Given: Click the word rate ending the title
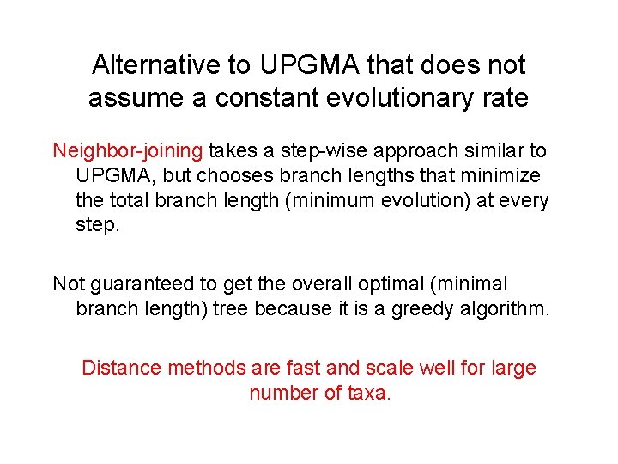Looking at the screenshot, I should [x=506, y=98].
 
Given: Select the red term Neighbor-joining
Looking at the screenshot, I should [x=128, y=151].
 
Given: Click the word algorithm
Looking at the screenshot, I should [x=505, y=308].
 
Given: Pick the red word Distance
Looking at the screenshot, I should [x=121, y=368].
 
